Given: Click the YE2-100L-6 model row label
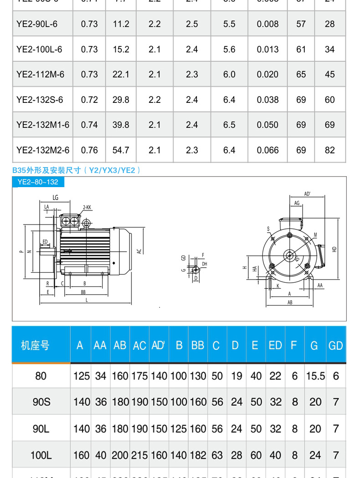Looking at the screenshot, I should coord(39,49).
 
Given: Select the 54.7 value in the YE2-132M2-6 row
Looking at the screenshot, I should coord(121,150).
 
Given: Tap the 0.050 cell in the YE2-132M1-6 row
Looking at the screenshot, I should coord(267,125).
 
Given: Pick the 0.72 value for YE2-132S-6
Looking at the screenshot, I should coord(89,100).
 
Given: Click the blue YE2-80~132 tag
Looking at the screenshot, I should coord(38,182).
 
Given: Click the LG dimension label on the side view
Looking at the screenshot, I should coord(56,198).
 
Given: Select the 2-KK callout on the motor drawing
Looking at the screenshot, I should coord(87,208).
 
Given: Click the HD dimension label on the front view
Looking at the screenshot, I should coord(334,249).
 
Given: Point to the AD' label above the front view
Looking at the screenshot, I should coord(307,194).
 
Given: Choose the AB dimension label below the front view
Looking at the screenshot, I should coord(290,302).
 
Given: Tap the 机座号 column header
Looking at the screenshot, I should coord(35,346).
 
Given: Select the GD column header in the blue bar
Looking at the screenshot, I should coord(335,346).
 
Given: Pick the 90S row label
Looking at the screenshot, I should coord(41,402).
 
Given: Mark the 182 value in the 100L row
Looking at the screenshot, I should coord(198,455).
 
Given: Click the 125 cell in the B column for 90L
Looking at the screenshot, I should coord(179,428).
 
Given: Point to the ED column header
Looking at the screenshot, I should coord(275,346).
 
